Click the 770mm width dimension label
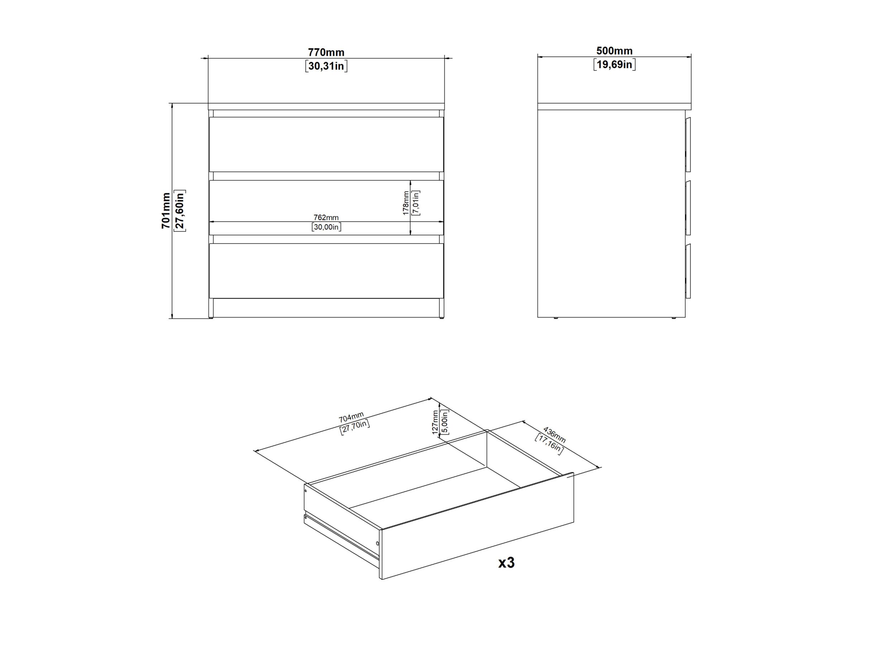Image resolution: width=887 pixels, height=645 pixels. (x=326, y=52)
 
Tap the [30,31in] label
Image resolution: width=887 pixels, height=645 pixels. (x=326, y=66)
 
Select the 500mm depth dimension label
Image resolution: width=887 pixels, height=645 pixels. (x=614, y=51)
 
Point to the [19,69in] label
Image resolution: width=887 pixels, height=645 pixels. (x=614, y=64)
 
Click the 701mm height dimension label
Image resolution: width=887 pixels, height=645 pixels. (x=166, y=210)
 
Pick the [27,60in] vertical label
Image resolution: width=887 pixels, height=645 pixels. (x=180, y=210)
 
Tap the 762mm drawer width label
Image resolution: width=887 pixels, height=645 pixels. (x=326, y=218)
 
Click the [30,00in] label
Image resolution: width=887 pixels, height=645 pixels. (x=326, y=227)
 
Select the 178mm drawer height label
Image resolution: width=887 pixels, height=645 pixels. (x=406, y=202)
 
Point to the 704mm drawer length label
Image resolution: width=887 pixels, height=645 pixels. (x=351, y=417)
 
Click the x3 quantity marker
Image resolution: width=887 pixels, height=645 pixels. (x=506, y=563)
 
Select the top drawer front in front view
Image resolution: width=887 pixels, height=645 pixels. (x=326, y=144)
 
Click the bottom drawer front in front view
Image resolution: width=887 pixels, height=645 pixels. (x=326, y=271)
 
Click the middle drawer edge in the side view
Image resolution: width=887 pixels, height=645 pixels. (x=688, y=208)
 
